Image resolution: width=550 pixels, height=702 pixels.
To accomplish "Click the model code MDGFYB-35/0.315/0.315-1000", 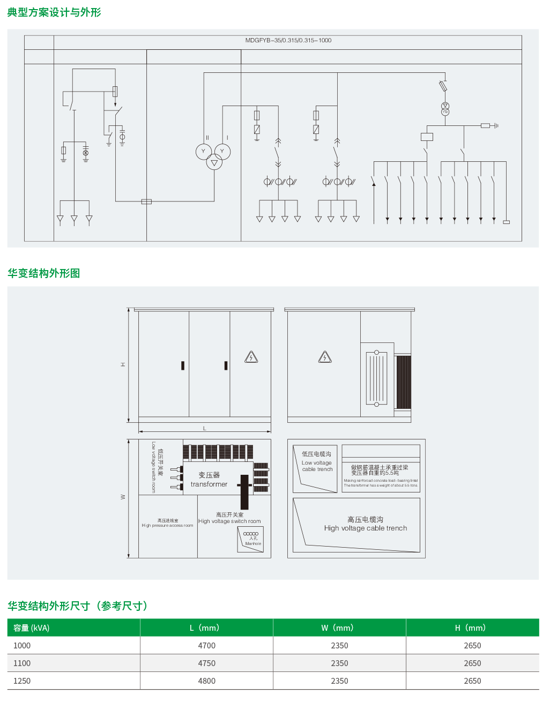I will click(x=288, y=40).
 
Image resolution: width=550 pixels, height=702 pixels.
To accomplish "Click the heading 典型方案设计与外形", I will click(x=54, y=12).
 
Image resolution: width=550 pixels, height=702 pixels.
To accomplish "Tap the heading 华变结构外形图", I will click(x=43, y=273).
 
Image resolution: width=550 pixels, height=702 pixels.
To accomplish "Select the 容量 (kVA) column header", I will click(x=32, y=628).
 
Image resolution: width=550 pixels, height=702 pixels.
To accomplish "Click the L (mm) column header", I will click(x=204, y=628).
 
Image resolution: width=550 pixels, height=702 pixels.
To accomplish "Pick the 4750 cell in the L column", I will click(x=206, y=663).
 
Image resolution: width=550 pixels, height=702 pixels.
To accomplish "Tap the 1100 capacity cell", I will click(x=22, y=663).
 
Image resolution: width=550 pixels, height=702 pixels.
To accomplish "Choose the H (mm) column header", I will click(x=470, y=628).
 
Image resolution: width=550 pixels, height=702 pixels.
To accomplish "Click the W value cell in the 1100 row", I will click(x=339, y=663).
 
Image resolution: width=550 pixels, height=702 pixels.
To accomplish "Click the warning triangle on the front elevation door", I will click(x=251, y=357).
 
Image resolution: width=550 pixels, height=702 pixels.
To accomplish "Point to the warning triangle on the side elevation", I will click(x=325, y=357).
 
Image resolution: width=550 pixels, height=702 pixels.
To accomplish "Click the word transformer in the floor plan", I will click(x=209, y=484).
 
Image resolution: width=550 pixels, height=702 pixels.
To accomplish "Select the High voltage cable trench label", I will click(x=366, y=528).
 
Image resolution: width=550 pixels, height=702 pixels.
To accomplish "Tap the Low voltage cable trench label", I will click(x=317, y=466).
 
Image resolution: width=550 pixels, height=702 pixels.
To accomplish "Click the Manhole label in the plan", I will click(x=253, y=543).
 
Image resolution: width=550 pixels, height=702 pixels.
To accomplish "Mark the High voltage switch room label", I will click(x=229, y=521).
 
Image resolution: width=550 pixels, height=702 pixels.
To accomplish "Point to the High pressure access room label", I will click(x=167, y=526).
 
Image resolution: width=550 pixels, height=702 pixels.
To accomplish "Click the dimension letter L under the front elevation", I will click(x=204, y=428).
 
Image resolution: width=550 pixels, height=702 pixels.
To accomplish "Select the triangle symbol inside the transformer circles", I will click(x=214, y=163).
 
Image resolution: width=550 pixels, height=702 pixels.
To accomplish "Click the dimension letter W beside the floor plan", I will click(x=123, y=497).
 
